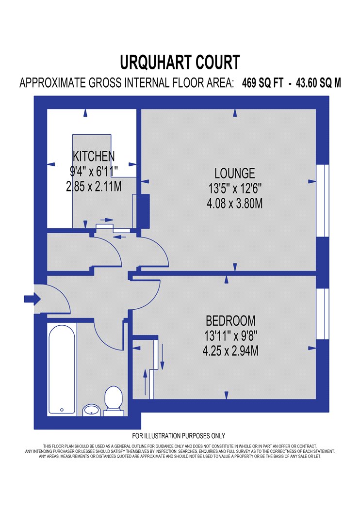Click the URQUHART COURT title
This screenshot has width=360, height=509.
coord(180,63)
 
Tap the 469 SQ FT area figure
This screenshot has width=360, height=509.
coord(262,83)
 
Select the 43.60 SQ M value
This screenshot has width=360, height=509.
coord(318,83)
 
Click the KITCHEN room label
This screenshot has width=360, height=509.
coord(94,156)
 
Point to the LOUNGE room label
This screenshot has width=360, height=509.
coord(235,173)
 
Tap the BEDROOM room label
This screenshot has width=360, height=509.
coord(230,321)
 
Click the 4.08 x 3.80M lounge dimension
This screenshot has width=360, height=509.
coord(235,204)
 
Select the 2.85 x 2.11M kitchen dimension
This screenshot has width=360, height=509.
coord(94,186)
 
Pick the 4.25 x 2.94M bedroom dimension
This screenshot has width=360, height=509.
coord(230,351)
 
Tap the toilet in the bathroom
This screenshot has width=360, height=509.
coord(113,400)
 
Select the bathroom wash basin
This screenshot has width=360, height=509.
coord(91,410)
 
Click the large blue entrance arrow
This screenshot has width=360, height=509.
coord(32,298)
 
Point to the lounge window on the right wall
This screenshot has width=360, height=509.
coord(323,201)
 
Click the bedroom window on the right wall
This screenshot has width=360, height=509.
coord(323,314)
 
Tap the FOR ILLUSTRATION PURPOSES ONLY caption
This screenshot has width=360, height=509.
coord(179,436)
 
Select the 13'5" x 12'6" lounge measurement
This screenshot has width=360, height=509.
coord(235,188)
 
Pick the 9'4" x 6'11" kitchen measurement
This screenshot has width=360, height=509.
coord(94,171)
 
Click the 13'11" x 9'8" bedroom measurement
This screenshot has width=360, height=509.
coord(230,335)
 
